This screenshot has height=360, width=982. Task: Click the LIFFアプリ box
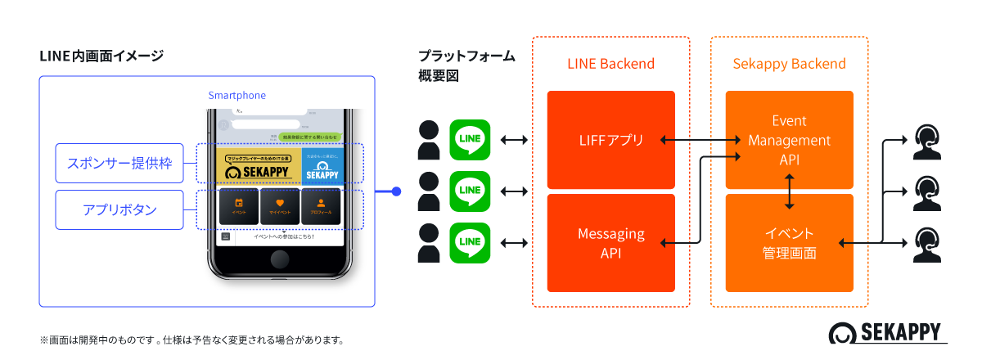pyautogui.click(x=610, y=140)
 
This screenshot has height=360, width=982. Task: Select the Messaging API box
pyautogui.click(x=610, y=243)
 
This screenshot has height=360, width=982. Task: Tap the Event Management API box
pyautogui.click(x=789, y=140)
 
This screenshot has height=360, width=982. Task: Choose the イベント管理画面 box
pyautogui.click(x=789, y=243)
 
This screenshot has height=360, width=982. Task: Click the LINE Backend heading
pyautogui.click(x=610, y=64)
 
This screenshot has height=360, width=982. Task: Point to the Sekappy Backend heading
pyautogui.click(x=789, y=64)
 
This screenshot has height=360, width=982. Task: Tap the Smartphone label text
pyautogui.click(x=236, y=96)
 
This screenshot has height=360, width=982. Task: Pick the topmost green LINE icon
pyautogui.click(x=470, y=140)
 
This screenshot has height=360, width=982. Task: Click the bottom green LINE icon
pyautogui.click(x=470, y=242)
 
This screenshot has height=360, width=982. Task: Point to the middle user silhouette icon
pyautogui.click(x=429, y=191)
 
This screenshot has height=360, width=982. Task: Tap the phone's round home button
pyautogui.click(x=282, y=261)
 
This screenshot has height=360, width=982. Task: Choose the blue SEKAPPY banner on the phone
pyautogui.click(x=322, y=164)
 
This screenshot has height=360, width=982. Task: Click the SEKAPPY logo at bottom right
pyautogui.click(x=887, y=334)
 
